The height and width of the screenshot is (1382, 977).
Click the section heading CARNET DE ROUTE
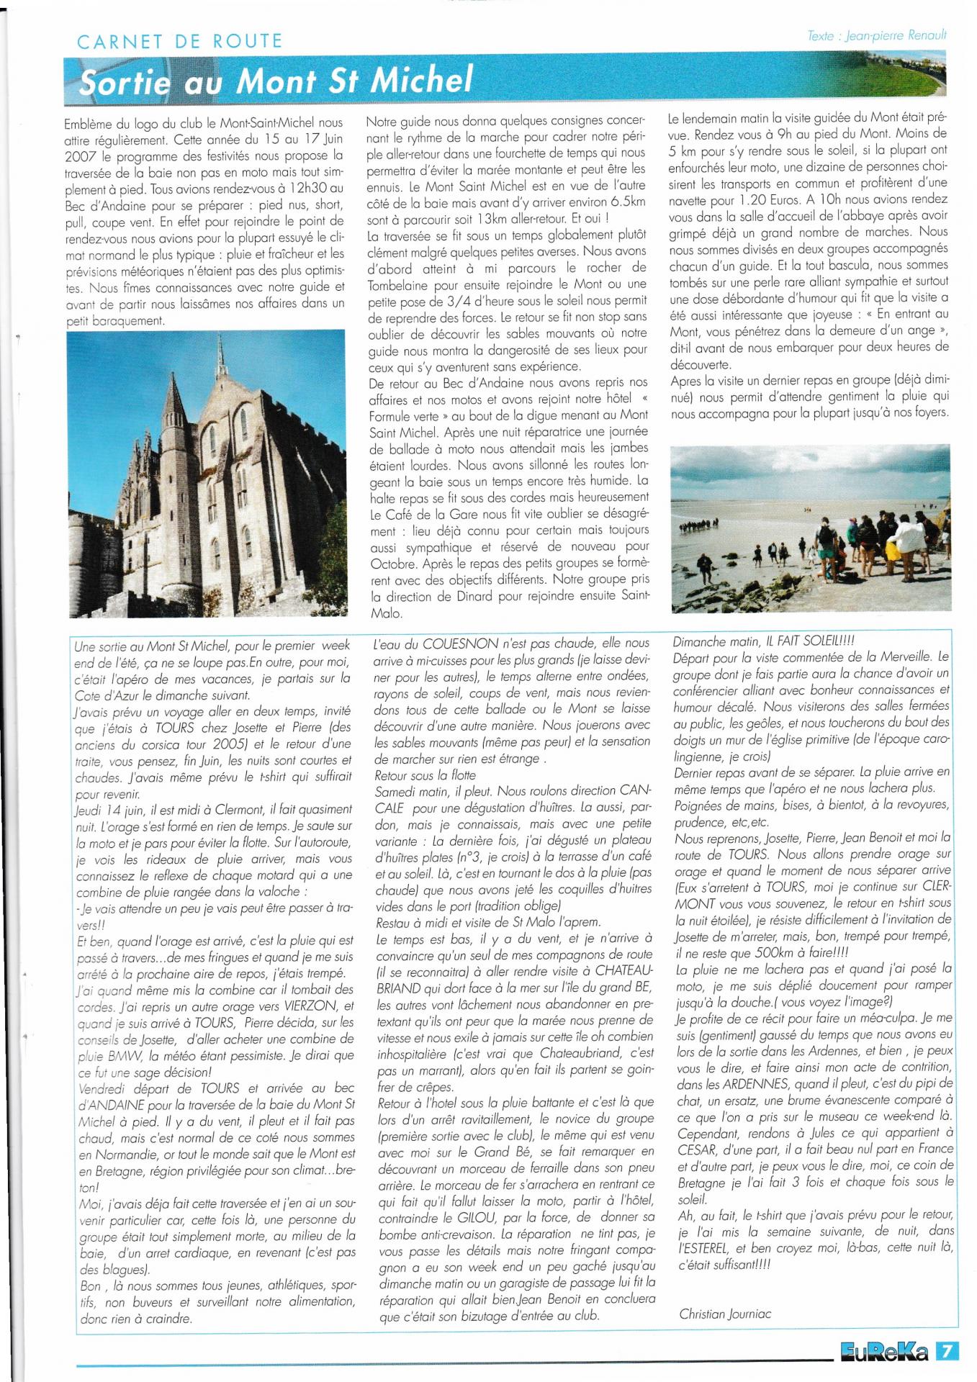click(179, 41)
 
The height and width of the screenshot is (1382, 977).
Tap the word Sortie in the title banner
click(125, 82)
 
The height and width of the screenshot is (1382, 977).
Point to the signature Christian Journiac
click(725, 1314)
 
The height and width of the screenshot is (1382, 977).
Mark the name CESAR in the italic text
click(697, 1150)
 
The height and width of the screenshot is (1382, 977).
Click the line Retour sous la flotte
click(426, 774)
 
